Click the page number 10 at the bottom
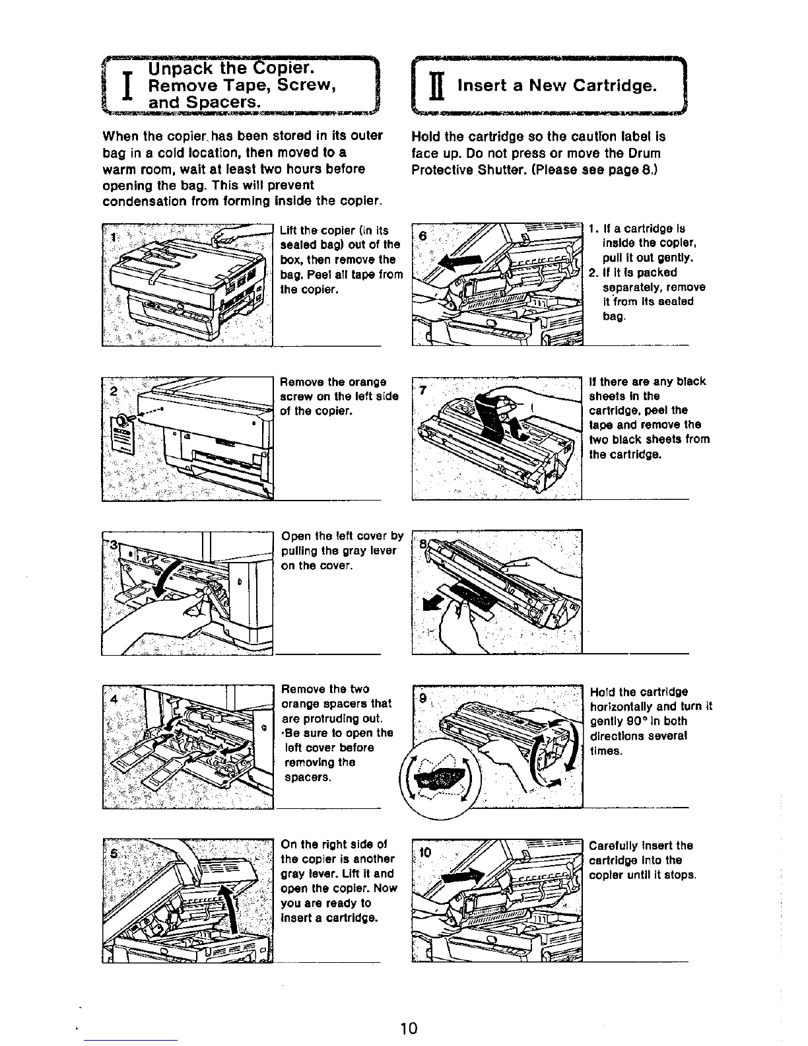409,1028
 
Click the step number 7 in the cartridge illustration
425,389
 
